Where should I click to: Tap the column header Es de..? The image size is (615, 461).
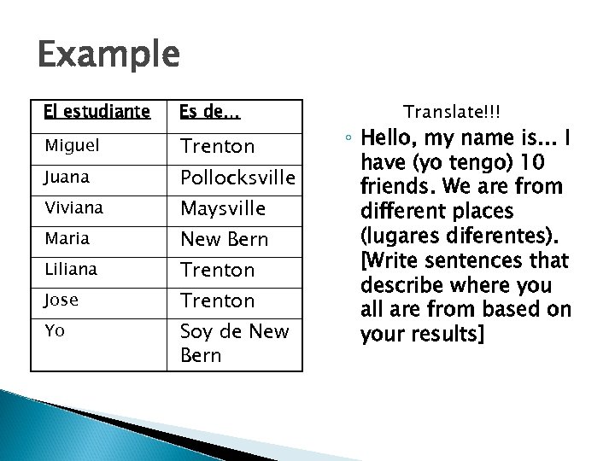(208, 112)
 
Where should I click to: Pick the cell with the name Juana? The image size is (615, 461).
(68, 178)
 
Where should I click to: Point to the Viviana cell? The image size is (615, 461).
(75, 208)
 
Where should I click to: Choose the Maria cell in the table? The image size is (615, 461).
(67, 239)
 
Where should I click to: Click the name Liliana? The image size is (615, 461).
(73, 270)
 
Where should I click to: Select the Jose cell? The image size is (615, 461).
(63, 301)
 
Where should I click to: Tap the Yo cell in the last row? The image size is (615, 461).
(56, 331)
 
